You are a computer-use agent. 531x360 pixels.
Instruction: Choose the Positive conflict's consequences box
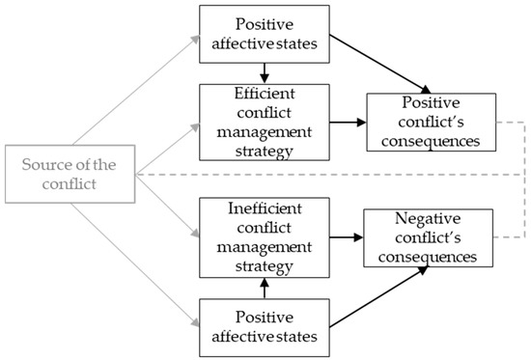(x=430, y=123)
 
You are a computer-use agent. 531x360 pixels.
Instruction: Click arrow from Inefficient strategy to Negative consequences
(x=345, y=236)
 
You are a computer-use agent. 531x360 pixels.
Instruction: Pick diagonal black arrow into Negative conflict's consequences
(x=377, y=294)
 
